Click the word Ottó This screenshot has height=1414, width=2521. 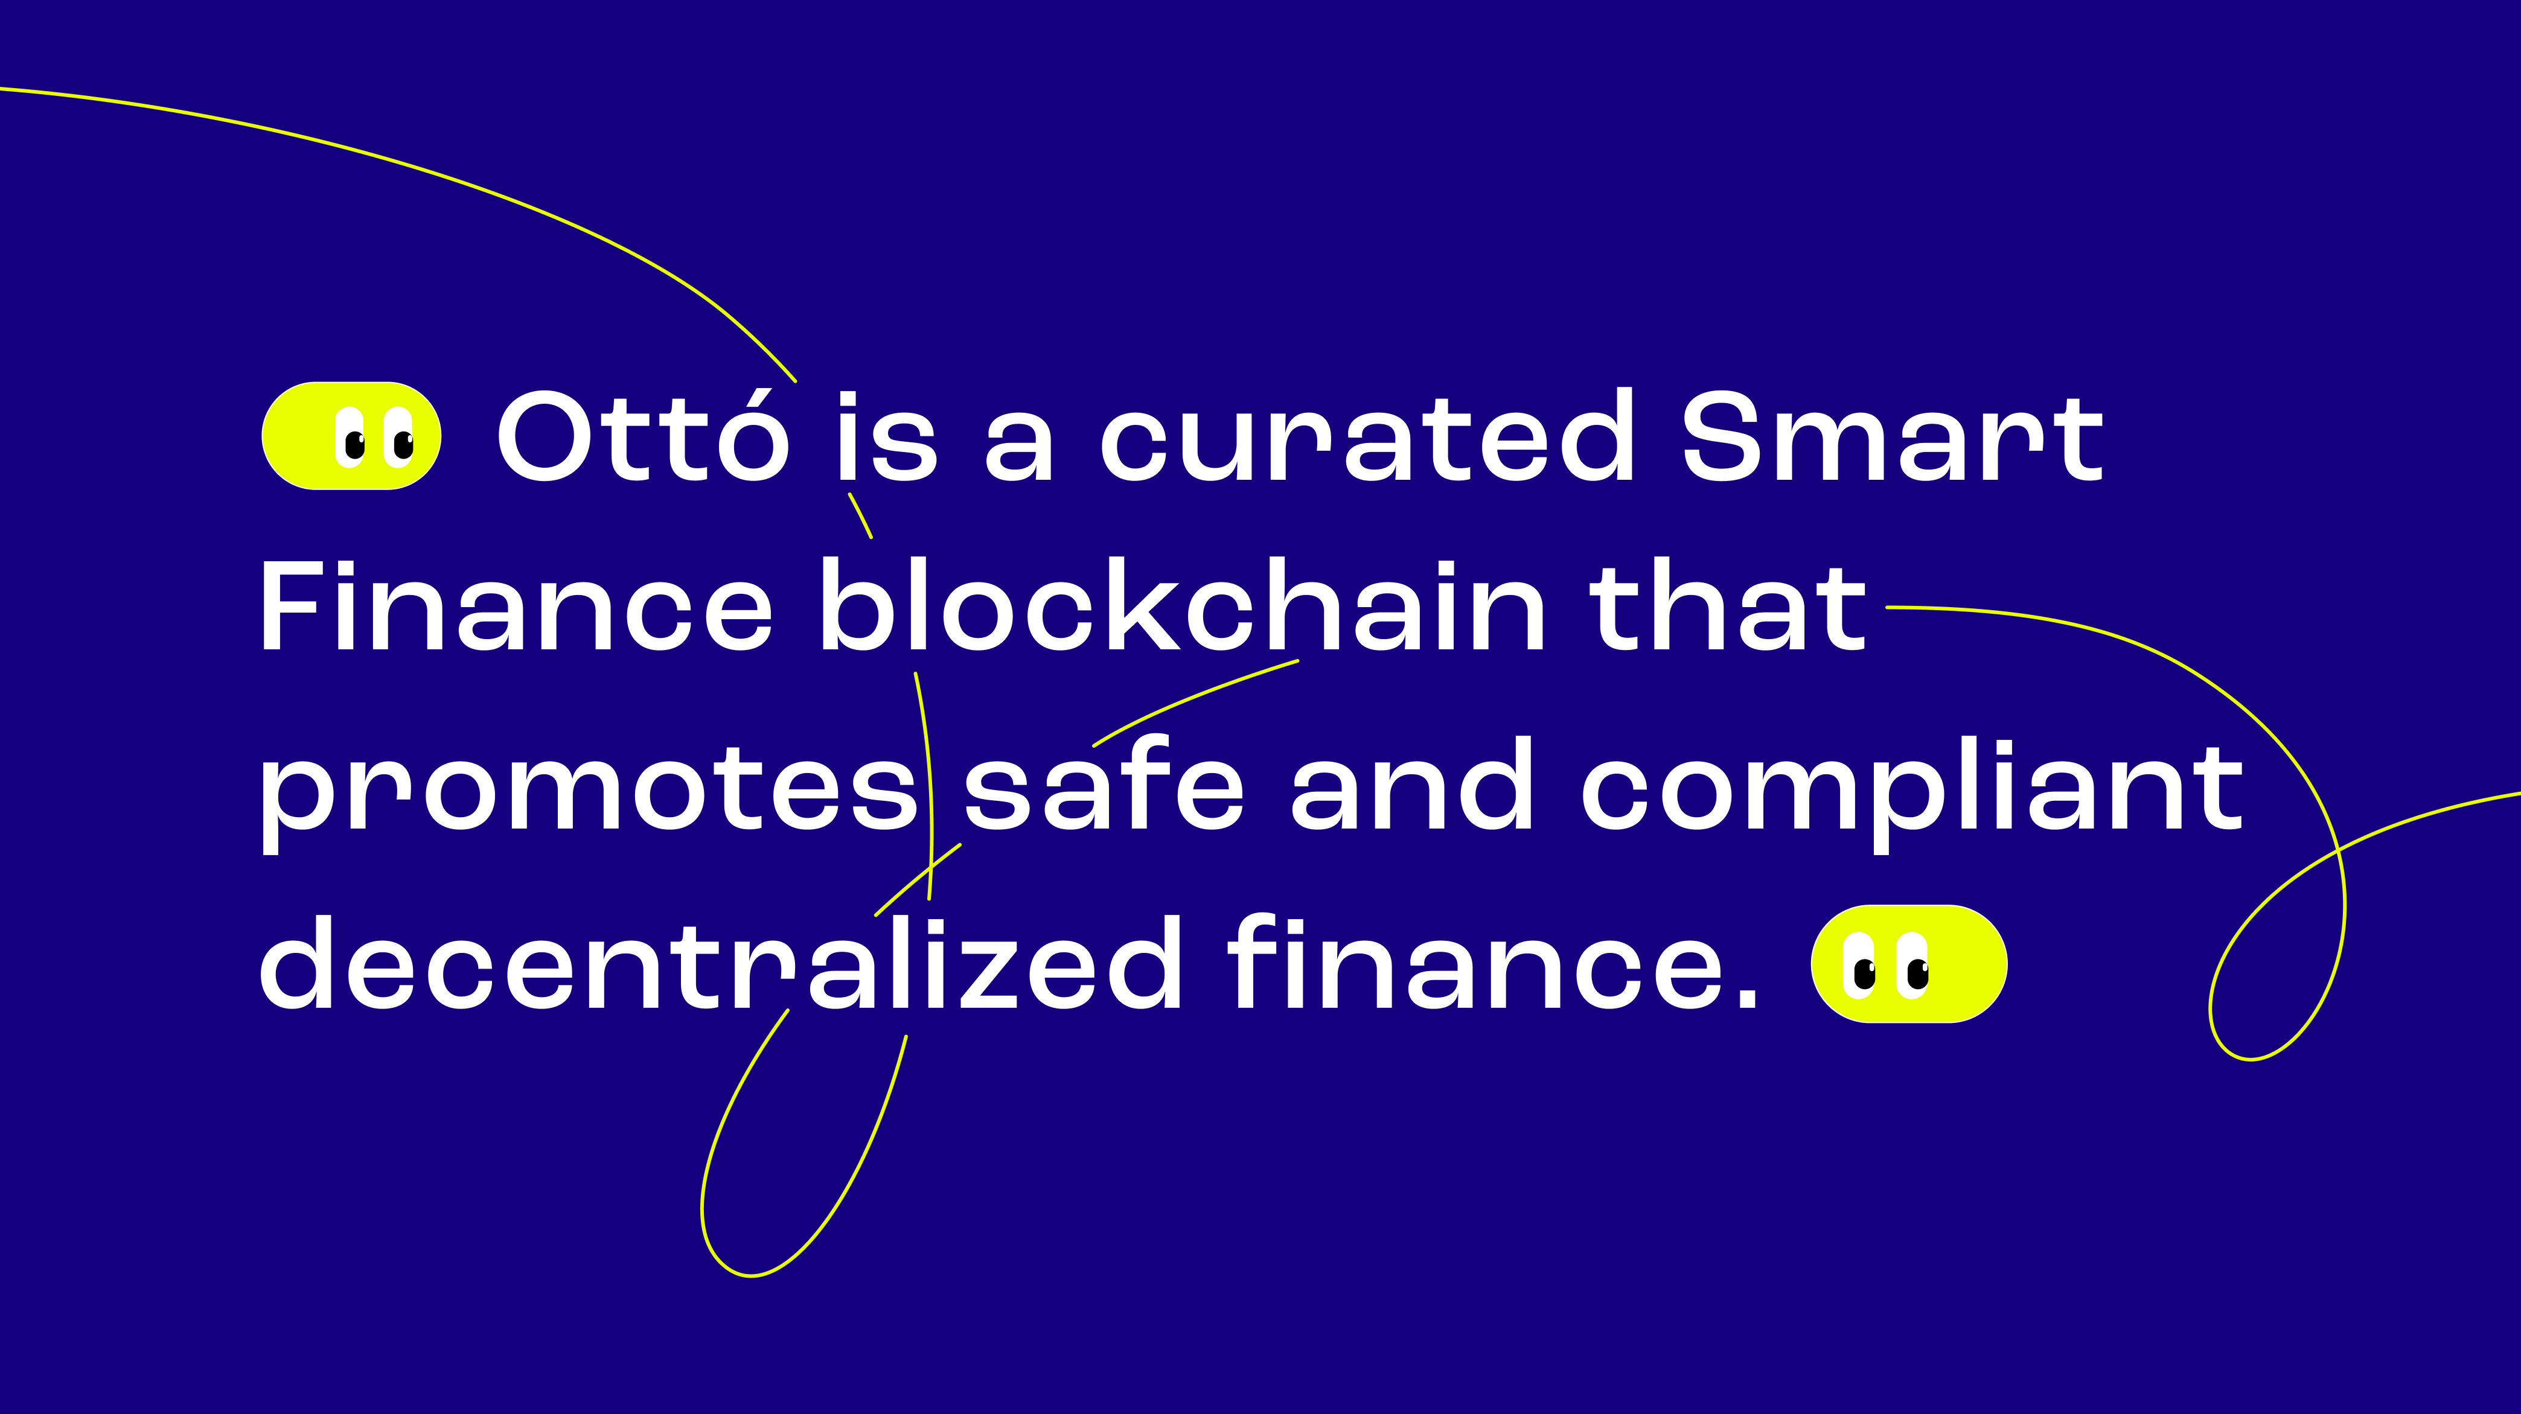coord(643,436)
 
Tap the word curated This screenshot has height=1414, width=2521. coord(1368,436)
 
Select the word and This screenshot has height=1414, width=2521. coord(1411,783)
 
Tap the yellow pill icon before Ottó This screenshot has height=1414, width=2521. coord(351,436)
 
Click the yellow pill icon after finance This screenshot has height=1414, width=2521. coord(1908,964)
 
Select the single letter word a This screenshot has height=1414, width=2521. coord(1020,449)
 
